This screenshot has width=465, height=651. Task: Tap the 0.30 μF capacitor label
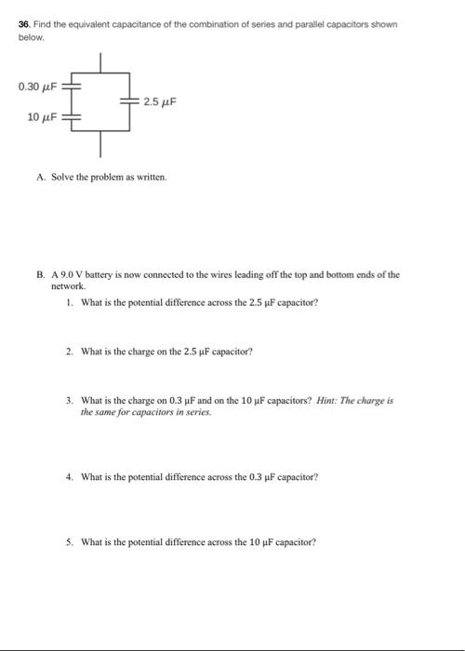37,86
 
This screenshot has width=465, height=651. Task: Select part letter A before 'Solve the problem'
42,176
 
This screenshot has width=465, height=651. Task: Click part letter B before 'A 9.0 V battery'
42,275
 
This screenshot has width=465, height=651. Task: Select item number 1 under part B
69,302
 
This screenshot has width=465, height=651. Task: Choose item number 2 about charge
69,352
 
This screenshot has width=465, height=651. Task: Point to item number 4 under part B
69,476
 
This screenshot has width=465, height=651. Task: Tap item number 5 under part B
69,541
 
